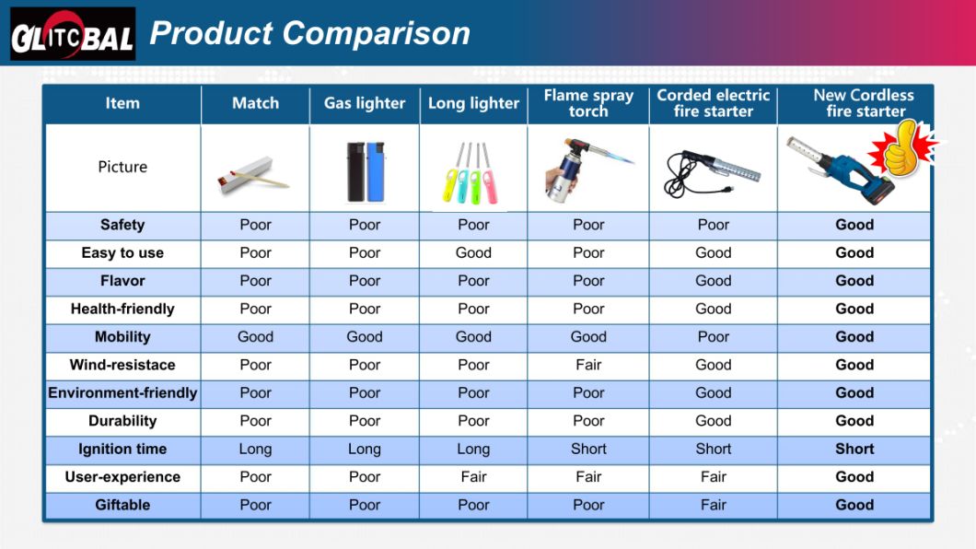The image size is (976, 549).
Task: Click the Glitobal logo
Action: click(73, 34)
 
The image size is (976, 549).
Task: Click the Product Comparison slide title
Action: click(309, 34)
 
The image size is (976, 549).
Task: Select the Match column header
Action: click(255, 103)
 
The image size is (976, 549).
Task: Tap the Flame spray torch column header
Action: click(588, 103)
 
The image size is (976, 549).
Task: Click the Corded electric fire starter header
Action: click(713, 103)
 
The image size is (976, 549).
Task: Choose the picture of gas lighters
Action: click(364, 170)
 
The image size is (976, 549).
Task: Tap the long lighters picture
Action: click(472, 170)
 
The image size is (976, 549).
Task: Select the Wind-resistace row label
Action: click(122, 365)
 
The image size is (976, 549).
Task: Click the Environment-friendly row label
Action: click(122, 392)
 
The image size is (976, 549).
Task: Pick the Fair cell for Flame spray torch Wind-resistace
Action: click(588, 365)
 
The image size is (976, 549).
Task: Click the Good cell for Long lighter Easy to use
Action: click(473, 252)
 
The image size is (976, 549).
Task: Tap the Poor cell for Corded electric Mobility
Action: click(713, 336)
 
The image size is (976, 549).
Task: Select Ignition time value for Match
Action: click(255, 449)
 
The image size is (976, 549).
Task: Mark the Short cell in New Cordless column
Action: click(854, 449)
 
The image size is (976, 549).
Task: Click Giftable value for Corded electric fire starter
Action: click(713, 505)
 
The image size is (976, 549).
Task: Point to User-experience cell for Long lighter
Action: click(473, 476)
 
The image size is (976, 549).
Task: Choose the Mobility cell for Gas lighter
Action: click(365, 336)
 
